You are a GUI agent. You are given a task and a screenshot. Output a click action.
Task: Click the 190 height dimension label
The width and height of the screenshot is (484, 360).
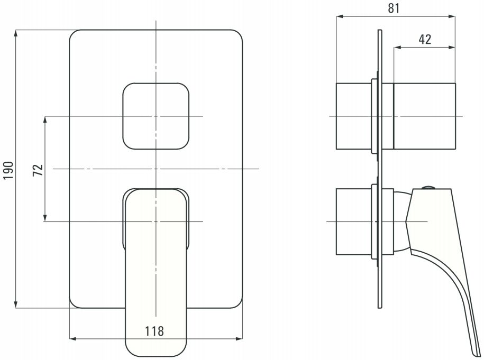(8, 170)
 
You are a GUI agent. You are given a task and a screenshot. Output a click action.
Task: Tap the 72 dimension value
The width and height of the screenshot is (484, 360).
(38, 170)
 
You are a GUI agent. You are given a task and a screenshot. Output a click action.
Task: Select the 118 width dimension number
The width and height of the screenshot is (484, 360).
(154, 331)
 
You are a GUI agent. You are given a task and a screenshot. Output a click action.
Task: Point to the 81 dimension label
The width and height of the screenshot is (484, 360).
(394, 8)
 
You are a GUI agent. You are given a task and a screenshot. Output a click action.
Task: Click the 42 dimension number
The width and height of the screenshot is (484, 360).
(425, 39)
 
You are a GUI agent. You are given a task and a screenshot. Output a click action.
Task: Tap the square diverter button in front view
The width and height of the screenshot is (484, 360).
(156, 116)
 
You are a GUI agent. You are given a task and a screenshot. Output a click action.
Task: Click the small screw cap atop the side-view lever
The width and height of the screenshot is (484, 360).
(428, 187)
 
